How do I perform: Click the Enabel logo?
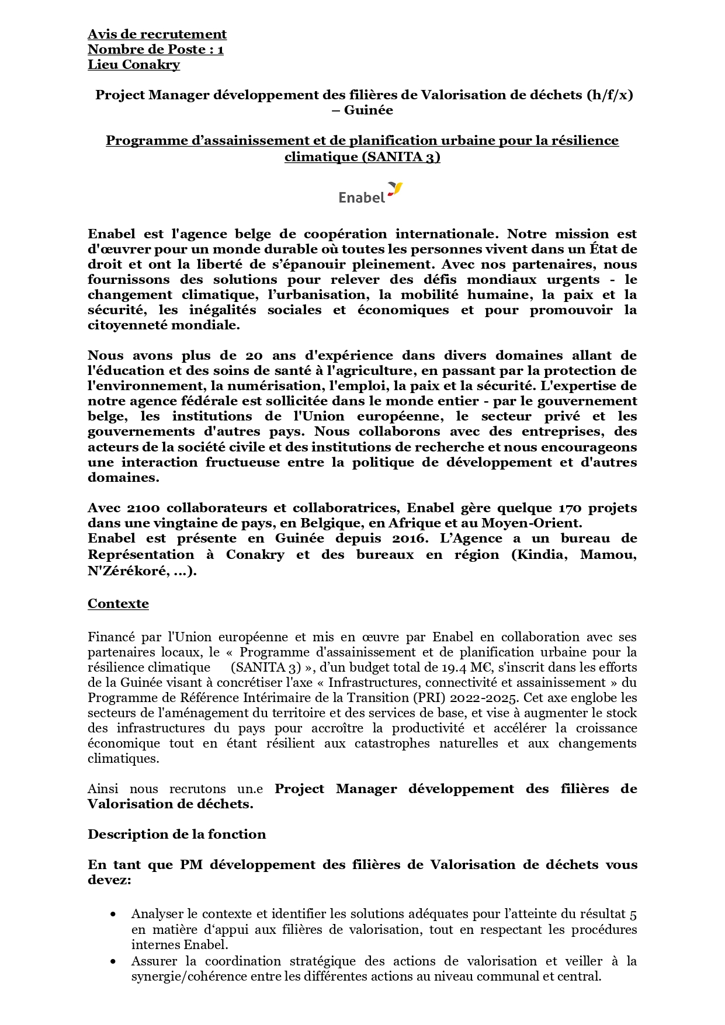tap(370, 193)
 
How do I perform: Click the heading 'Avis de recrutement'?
tap(157, 34)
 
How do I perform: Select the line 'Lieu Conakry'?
tap(134, 65)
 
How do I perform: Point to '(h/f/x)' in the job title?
tap(609, 95)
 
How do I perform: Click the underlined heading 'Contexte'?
tap(118, 604)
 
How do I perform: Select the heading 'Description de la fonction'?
tap(176, 834)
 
